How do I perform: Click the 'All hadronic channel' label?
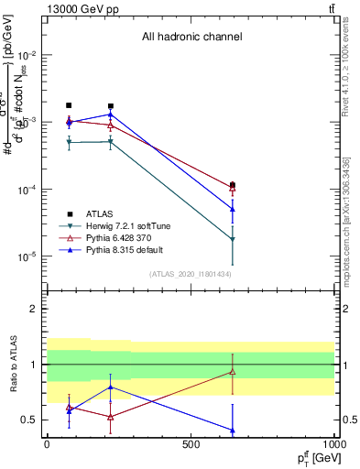pyautogui.click(x=191, y=37)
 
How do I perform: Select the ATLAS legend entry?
pyautogui.click(x=107, y=213)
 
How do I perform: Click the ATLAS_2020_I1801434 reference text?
pyautogui.click(x=191, y=274)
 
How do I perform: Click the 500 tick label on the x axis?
pyautogui.click(x=191, y=446)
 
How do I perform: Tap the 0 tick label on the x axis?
pyautogui.click(x=47, y=446)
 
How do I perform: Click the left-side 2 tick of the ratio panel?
pyautogui.click(x=33, y=309)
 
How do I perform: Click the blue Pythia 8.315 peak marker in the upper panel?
pyautogui.click(x=111, y=115)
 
